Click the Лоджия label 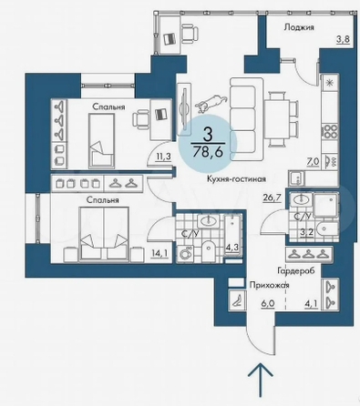point(299,27)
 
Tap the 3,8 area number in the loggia point(344,39)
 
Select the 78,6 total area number point(209,151)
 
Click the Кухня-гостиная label point(236,179)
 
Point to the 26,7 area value point(273,198)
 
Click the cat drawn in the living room point(211,102)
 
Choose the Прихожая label point(269,286)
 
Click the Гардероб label point(295,270)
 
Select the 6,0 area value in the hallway point(268,304)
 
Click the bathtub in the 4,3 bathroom point(233,236)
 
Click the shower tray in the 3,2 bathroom point(326,206)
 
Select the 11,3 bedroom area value point(164,157)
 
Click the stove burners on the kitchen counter point(330,132)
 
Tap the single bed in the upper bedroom point(102,141)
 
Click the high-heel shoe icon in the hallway point(238,301)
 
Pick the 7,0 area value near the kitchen point(314,162)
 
